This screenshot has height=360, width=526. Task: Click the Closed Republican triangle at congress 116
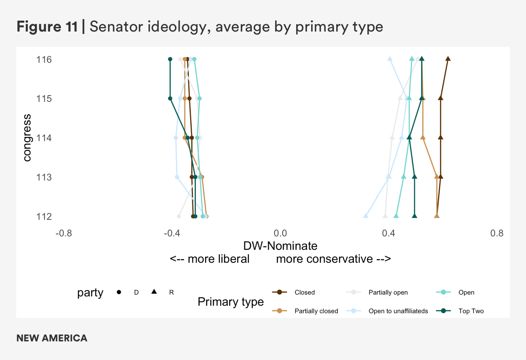point(448,59)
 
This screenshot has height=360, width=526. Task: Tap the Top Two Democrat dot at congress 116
point(170,59)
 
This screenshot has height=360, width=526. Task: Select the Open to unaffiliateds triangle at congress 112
point(366,216)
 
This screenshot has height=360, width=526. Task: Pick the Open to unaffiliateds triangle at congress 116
point(390,59)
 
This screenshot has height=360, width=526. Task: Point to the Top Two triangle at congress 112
point(414,216)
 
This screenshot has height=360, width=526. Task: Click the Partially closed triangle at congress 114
point(423,138)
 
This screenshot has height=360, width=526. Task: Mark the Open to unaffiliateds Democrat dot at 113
point(177,177)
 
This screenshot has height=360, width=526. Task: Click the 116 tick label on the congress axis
point(44,59)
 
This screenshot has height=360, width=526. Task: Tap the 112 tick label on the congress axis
point(44,216)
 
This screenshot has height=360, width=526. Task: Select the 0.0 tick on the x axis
point(280,233)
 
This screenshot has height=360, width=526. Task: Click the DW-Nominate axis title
point(280,246)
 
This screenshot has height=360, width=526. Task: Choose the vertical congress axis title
point(27,138)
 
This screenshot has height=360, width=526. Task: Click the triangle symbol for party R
point(154,292)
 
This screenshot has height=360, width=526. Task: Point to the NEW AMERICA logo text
point(52,338)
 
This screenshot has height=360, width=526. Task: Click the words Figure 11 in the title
point(47,27)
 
